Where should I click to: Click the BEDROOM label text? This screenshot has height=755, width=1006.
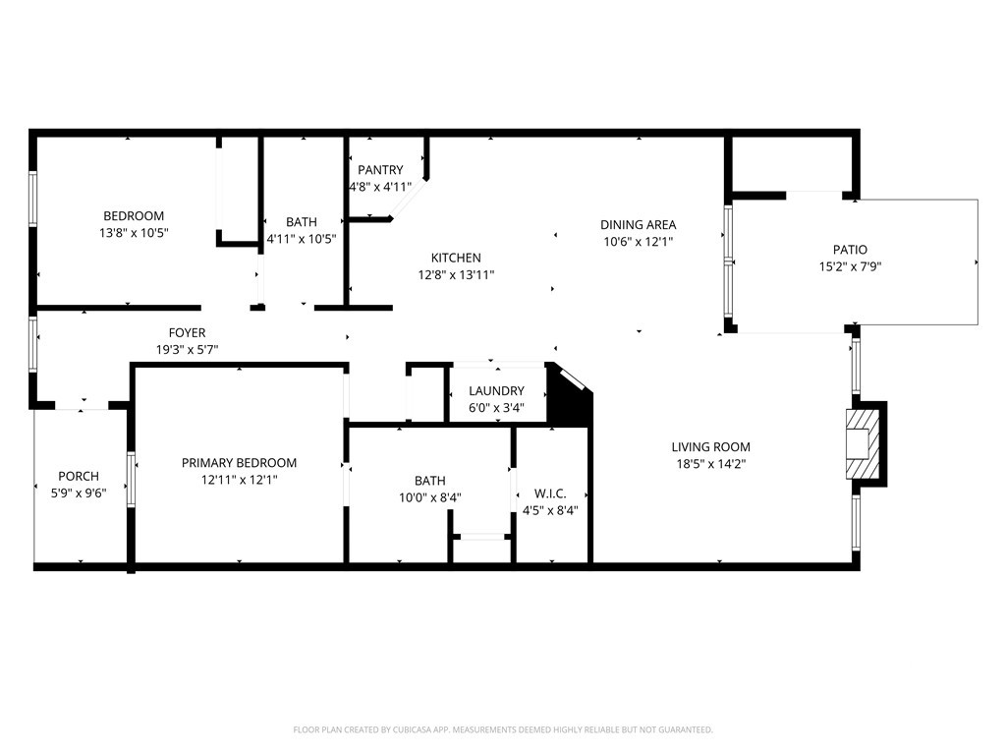pyautogui.click(x=134, y=216)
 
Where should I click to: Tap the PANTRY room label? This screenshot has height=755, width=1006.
pyautogui.click(x=380, y=170)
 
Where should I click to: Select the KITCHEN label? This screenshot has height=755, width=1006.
pyautogui.click(x=456, y=259)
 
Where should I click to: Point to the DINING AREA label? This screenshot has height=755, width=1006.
pyautogui.click(x=639, y=225)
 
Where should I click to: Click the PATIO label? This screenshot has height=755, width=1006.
pyautogui.click(x=850, y=250)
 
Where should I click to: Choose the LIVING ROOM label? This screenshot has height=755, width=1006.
pyautogui.click(x=711, y=447)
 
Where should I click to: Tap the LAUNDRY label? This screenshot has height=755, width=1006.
pyautogui.click(x=496, y=391)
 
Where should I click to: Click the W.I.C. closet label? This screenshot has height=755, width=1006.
pyautogui.click(x=550, y=494)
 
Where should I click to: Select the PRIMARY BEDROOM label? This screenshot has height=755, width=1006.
pyautogui.click(x=240, y=463)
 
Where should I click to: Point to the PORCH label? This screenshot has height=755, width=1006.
pyautogui.click(x=79, y=477)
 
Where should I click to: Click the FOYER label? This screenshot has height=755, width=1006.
pyautogui.click(x=188, y=332)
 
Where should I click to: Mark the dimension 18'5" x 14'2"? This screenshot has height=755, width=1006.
pyautogui.click(x=711, y=464)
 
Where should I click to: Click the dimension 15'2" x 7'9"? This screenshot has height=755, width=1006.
pyautogui.click(x=850, y=266)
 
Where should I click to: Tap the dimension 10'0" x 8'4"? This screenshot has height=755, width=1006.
pyautogui.click(x=430, y=497)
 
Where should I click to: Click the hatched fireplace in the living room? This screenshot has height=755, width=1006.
pyautogui.click(x=863, y=443)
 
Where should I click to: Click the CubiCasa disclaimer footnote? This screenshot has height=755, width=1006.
pyautogui.click(x=503, y=730)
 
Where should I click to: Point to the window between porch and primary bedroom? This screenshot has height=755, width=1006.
pyautogui.click(x=132, y=480)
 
